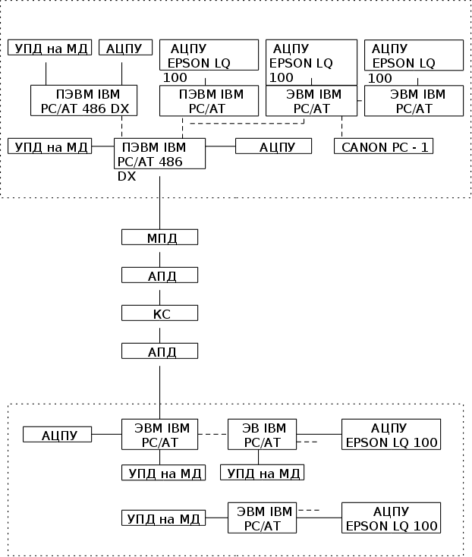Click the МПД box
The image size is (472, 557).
pyautogui.click(x=159, y=238)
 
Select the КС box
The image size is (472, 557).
pyautogui.click(x=159, y=313)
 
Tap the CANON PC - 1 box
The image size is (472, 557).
pyautogui.click(x=383, y=146)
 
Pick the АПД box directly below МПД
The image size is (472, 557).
pyautogui.click(x=159, y=275)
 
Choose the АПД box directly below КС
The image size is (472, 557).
pyautogui.click(x=159, y=351)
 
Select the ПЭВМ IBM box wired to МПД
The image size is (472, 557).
pyautogui.click(x=159, y=153)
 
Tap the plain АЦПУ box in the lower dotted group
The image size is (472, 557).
pyautogui.click(x=57, y=435)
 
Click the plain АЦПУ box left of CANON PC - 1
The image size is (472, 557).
pyautogui.click(x=273, y=146)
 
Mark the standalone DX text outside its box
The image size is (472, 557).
pyautogui.click(x=126, y=176)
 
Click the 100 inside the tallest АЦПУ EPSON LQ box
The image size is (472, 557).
pyautogui.click(x=282, y=77)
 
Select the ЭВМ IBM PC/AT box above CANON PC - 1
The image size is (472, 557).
pyautogui.click(x=311, y=101)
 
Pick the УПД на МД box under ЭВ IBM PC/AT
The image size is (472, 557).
pyautogui.click(x=262, y=473)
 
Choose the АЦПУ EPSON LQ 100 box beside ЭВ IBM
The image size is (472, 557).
pyautogui.click(x=391, y=434)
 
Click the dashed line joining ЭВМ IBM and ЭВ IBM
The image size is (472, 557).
pyautogui.click(x=212, y=434)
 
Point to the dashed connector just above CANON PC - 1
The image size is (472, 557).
pyautogui.click(x=342, y=127)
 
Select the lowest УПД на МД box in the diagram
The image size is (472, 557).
pyautogui.click(x=163, y=518)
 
